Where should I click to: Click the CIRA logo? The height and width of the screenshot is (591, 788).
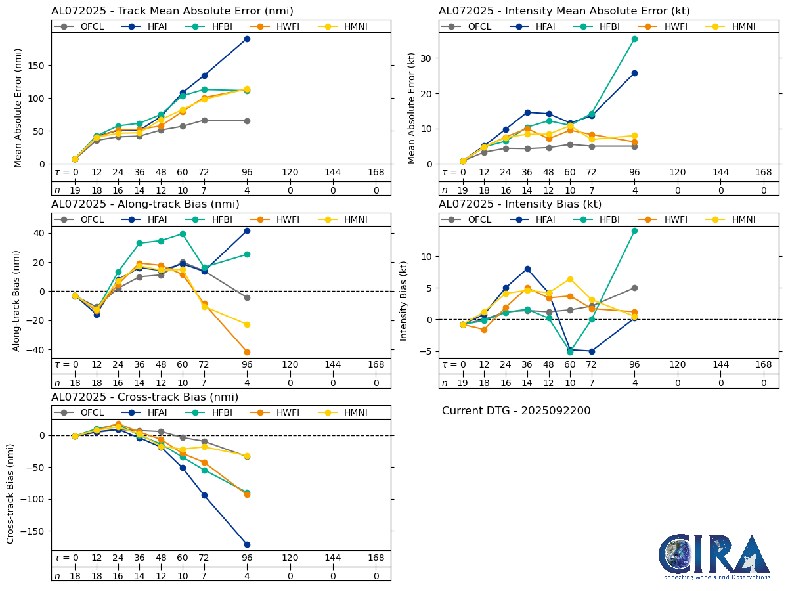(x=714, y=556)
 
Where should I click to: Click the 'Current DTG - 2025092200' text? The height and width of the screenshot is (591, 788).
(x=516, y=411)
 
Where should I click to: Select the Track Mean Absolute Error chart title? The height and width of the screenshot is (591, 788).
(x=172, y=11)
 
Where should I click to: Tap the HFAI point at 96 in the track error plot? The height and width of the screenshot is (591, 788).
(x=247, y=39)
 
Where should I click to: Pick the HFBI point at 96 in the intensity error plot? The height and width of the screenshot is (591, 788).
(x=634, y=39)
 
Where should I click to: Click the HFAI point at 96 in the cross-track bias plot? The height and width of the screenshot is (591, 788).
(x=247, y=544)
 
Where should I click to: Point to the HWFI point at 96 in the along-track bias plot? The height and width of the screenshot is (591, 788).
(x=247, y=352)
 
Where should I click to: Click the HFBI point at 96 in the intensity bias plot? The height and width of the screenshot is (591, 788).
(x=634, y=230)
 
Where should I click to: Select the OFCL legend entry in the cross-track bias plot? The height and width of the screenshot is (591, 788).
(x=83, y=412)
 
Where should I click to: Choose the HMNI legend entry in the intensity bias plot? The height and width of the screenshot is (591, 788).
(x=735, y=220)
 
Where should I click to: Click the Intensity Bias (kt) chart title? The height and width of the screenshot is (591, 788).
(x=520, y=204)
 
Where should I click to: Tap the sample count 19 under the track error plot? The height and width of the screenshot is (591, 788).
(x=75, y=190)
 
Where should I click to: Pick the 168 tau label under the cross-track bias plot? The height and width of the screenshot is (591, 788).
(x=376, y=558)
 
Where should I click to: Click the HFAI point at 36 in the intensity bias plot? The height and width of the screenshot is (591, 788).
(x=527, y=269)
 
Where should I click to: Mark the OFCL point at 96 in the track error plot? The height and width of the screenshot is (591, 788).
(x=247, y=121)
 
